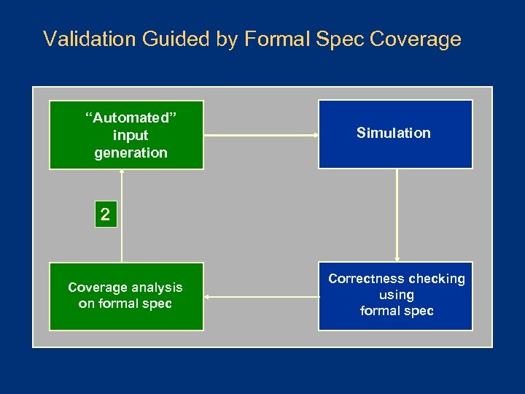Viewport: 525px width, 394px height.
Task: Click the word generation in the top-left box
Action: pos(131,153)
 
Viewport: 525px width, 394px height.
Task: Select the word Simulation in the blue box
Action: pos(394,133)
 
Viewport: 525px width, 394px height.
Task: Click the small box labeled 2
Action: pos(106,215)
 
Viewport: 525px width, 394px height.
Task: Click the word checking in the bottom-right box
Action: pos(436,279)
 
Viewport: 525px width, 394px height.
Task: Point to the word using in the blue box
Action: pos(397,295)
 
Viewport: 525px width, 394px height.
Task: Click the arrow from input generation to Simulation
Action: pos(260,135)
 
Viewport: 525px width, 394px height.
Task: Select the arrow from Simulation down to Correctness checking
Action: pos(397,215)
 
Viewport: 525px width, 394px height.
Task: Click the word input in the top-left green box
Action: pos(131,136)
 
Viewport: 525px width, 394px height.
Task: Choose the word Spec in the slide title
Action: pos(341,39)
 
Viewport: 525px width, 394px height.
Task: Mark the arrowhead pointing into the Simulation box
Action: pos(314,135)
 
